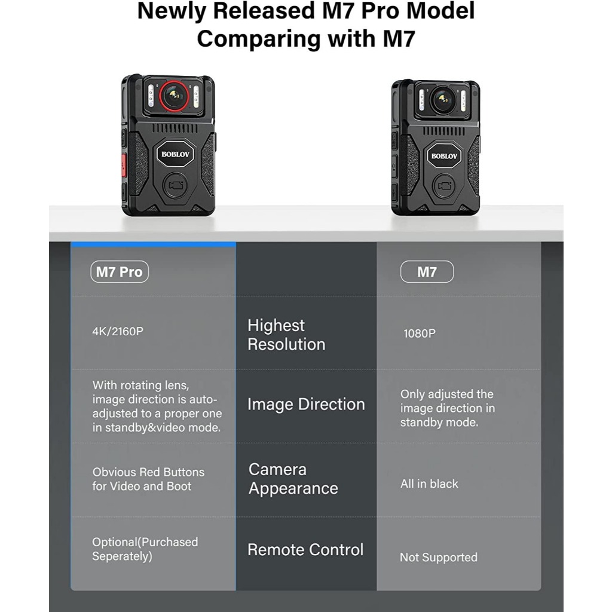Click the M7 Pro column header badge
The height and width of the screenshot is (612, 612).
coord(120,272)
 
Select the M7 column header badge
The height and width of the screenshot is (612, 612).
coord(427,272)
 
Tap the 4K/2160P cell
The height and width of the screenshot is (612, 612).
coord(118,331)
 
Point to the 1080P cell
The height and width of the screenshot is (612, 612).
coord(419,333)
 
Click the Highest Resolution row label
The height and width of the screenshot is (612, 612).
coord(286,335)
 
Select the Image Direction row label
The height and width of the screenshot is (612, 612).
coord(306,405)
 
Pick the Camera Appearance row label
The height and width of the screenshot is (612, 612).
coord(293,479)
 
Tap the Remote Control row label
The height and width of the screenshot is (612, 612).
coord(305,550)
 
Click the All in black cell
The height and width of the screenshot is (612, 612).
coord(429,484)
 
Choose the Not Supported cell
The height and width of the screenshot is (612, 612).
coord(438,557)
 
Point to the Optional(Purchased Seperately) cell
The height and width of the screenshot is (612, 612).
coord(145,549)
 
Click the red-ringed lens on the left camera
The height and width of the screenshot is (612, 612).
coord(174,96)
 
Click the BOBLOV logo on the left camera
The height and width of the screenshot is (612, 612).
coord(175,154)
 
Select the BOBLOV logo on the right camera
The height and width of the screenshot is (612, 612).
coord(444,156)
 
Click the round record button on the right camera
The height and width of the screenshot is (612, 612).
coord(444,186)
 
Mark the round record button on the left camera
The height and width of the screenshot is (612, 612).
coord(175,185)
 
